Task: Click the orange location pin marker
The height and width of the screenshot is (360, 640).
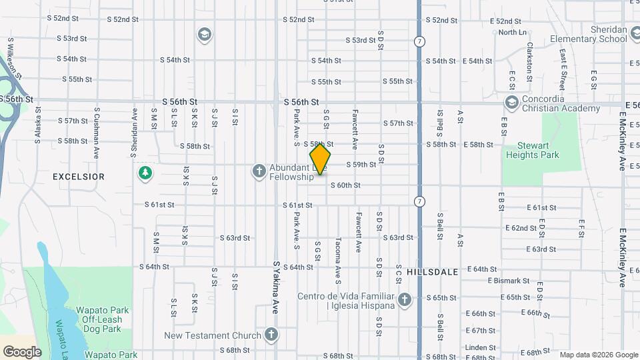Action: tap(320, 159)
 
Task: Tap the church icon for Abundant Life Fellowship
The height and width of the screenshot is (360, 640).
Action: tap(259, 171)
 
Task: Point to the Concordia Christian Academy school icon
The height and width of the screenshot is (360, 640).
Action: tap(511, 103)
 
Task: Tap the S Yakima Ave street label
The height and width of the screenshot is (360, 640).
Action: tap(275, 287)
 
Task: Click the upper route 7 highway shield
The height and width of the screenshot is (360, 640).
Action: tap(419, 41)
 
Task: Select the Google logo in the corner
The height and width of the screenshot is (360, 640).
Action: tap(22, 351)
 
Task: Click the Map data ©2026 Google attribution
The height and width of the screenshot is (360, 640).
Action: tap(598, 355)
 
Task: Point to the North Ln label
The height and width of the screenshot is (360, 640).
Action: tap(512, 32)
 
